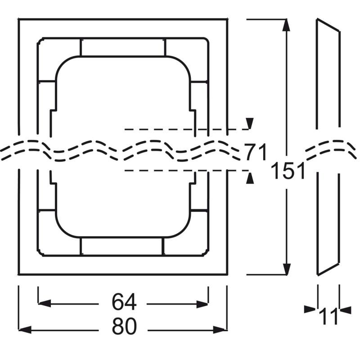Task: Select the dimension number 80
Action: coord(124,327)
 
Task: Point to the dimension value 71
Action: coord(256,152)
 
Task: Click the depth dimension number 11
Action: coord(328,316)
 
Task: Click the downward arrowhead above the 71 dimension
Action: coord(250,123)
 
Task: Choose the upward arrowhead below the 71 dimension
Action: coord(250,178)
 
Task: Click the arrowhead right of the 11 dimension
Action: coord(345,309)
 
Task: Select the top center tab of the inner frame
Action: coord(123,47)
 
